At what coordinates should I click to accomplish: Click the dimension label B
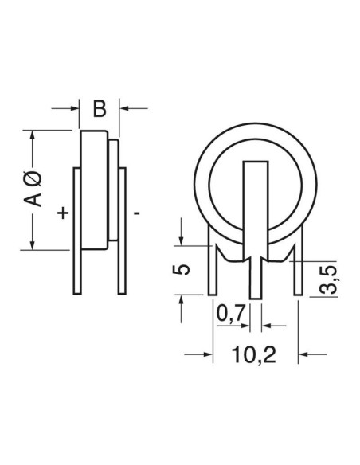[x=100, y=109]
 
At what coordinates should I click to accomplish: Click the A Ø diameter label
[x=33, y=189]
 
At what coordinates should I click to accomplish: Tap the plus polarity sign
[x=63, y=213]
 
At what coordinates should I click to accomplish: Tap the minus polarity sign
[x=137, y=213]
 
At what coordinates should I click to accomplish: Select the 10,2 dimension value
[x=253, y=354]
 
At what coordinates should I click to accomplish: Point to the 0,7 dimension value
[x=231, y=314]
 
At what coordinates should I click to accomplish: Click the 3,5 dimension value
[x=328, y=279]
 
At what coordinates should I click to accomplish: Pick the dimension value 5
[x=181, y=269]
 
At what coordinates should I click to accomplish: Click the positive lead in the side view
[x=77, y=231]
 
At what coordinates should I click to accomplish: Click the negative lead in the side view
[x=122, y=231]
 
